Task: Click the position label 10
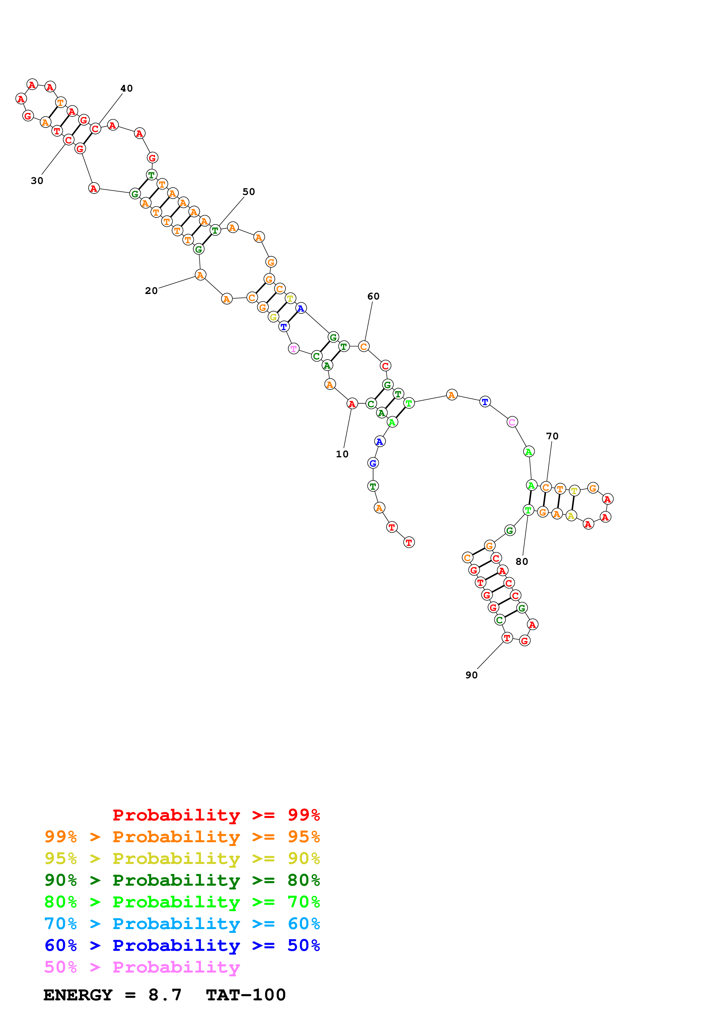point(342,454)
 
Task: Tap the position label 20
point(151,291)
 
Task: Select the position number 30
point(37,180)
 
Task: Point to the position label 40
point(127,89)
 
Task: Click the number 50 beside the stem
point(249,192)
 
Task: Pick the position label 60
point(373,297)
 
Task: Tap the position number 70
point(552,436)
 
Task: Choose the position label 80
point(522,562)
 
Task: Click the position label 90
point(472,675)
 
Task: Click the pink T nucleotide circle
point(294,349)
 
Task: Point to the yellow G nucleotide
point(273,317)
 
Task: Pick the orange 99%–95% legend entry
point(182,837)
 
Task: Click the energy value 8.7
point(165,995)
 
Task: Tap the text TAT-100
point(246,995)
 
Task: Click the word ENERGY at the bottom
point(78,995)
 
